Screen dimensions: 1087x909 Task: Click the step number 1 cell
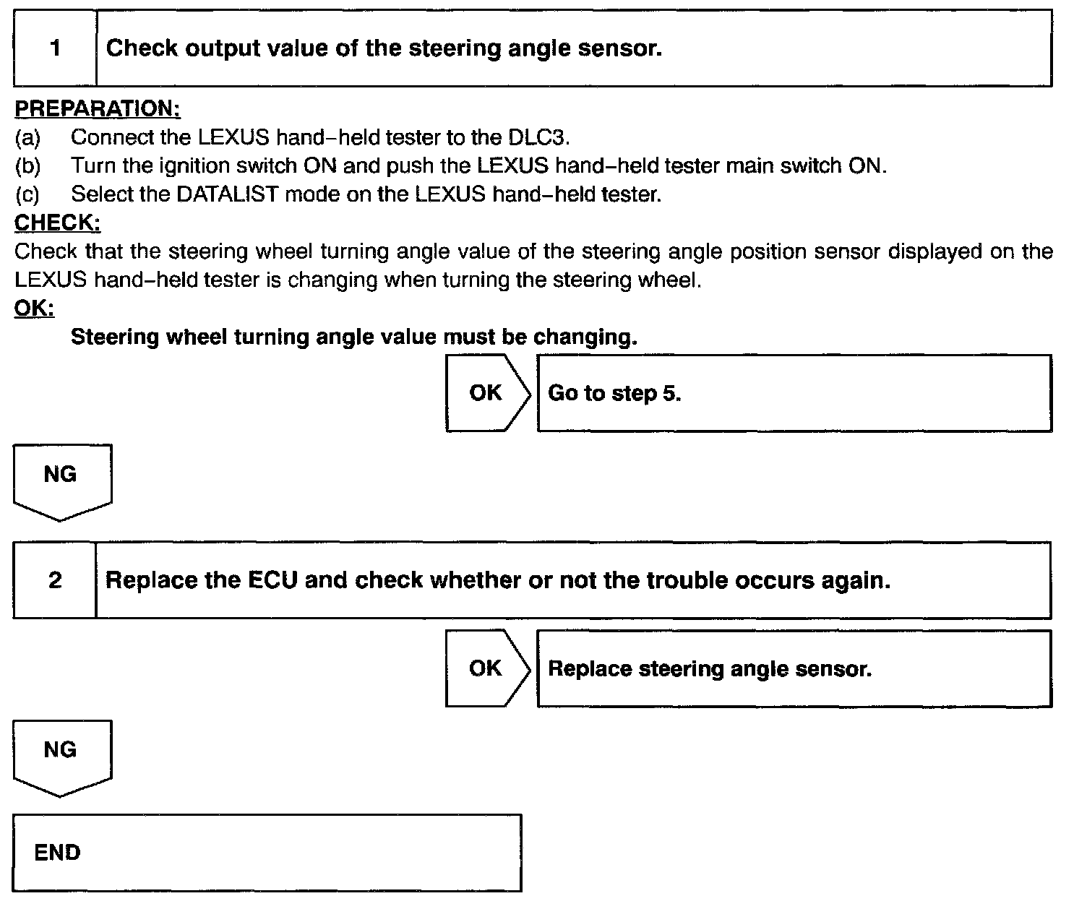[x=55, y=48]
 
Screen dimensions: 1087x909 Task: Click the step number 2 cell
[x=55, y=580]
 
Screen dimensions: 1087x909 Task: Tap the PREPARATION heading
[x=98, y=108]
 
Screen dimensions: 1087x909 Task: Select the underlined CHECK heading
[x=57, y=223]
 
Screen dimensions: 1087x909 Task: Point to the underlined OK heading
[x=34, y=309]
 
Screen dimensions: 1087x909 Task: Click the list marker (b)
[x=27, y=165]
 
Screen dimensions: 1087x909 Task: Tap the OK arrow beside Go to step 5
[x=486, y=392]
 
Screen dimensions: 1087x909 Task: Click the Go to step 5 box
[x=794, y=393]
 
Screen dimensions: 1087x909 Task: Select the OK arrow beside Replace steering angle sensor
[x=486, y=668]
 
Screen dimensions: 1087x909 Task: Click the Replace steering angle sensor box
[x=794, y=668]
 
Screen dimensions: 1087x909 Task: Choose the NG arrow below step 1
[x=61, y=478]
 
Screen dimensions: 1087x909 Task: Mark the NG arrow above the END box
[x=61, y=754]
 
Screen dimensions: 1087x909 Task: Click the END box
[x=267, y=853]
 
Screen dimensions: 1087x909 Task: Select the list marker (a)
[x=27, y=137]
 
